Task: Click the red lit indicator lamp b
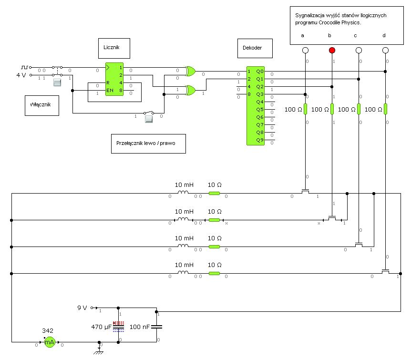(332, 50)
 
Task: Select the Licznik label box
(114, 48)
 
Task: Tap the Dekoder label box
(255, 48)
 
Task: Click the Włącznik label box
(42, 105)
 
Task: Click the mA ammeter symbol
(50, 342)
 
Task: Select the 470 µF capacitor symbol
(118, 327)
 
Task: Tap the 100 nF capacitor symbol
(157, 327)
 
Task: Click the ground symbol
(99, 350)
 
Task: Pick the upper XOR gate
(190, 71)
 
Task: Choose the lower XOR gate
(190, 90)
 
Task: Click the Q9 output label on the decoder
(260, 140)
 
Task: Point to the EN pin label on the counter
(110, 91)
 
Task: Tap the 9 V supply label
(82, 308)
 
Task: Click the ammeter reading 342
(48, 330)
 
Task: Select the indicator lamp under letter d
(385, 50)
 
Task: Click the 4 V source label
(21, 75)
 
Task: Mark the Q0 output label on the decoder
(260, 72)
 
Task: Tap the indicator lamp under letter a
(305, 50)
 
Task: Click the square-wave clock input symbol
(24, 67)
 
